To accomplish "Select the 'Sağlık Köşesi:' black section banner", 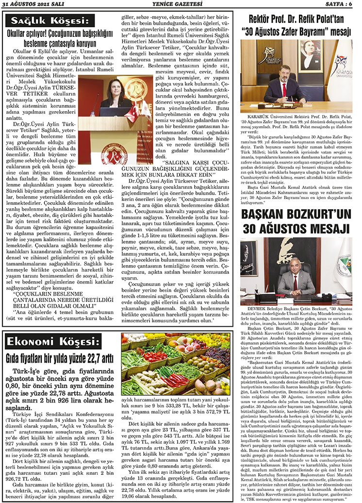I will pyautogui.click(x=47, y=21).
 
